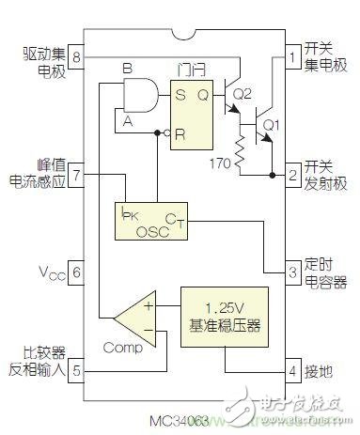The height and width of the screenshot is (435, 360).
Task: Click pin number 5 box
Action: (77, 272)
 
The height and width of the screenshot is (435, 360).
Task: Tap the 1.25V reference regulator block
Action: (224, 317)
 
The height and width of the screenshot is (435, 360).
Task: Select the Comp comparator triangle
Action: (134, 318)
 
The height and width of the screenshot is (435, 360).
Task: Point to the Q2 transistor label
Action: (243, 94)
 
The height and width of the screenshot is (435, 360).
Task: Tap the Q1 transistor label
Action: (272, 123)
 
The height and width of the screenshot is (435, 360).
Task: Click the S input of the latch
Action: (175, 93)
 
